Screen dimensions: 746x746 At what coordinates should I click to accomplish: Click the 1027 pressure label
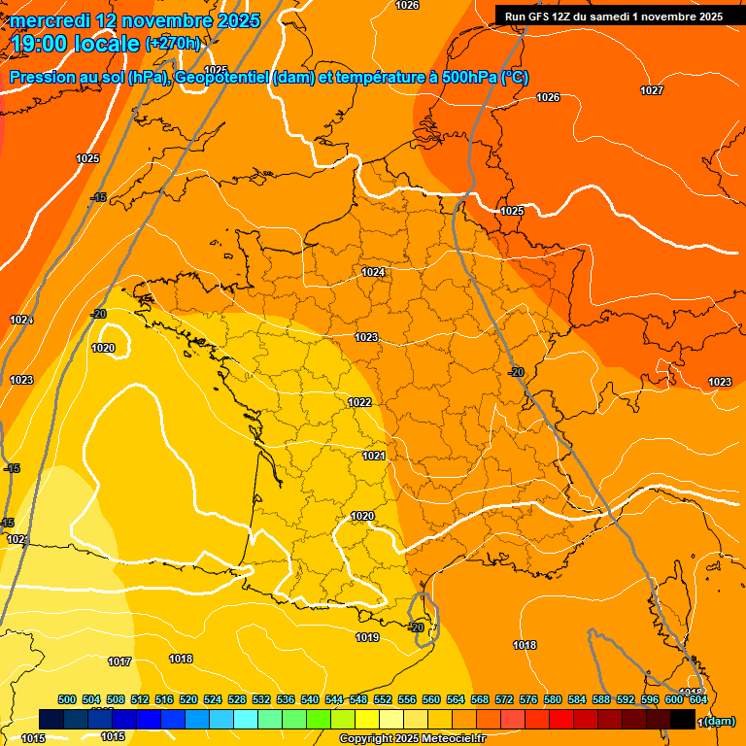tap(652, 90)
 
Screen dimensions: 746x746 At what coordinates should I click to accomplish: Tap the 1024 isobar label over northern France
tap(373, 273)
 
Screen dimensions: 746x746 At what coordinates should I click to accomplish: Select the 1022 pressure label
tap(359, 402)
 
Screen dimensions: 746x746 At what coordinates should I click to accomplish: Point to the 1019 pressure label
tap(367, 638)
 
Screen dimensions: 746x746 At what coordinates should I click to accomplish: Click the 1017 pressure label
tap(119, 661)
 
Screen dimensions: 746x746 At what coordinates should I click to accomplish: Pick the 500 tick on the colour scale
tap(67, 700)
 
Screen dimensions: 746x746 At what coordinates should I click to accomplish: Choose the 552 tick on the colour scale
tap(382, 700)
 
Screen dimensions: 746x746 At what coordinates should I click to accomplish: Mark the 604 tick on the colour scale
tap(697, 700)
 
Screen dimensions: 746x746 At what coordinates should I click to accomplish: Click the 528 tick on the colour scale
tap(237, 700)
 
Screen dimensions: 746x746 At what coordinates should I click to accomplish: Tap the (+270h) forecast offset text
tap(174, 44)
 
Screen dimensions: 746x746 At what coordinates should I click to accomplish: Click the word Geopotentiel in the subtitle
tap(221, 78)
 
